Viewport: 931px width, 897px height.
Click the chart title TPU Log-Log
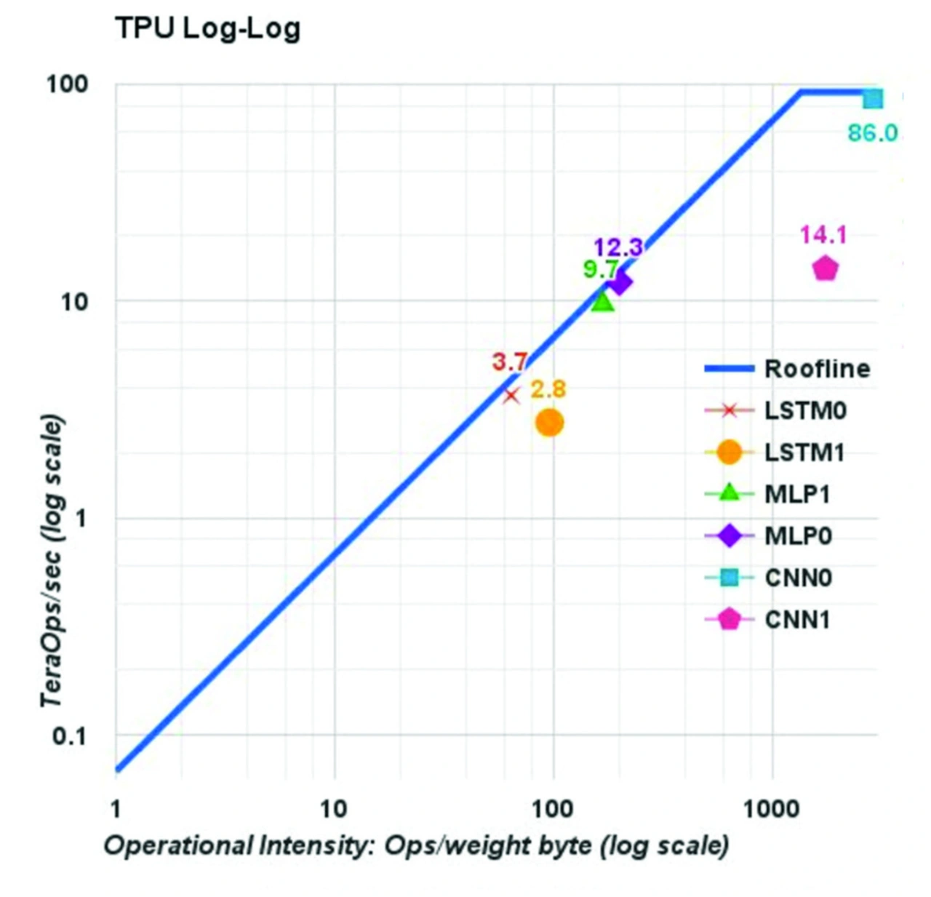(x=207, y=29)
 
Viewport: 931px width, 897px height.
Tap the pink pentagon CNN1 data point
(x=825, y=268)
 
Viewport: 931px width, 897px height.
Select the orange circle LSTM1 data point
(x=550, y=423)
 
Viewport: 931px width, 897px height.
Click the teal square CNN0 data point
(x=873, y=99)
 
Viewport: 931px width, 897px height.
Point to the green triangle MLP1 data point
(x=602, y=301)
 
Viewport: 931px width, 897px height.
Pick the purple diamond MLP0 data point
(x=620, y=282)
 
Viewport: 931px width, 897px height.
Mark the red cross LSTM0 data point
(x=512, y=395)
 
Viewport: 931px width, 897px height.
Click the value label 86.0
(x=872, y=133)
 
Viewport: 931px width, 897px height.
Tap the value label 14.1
(x=823, y=234)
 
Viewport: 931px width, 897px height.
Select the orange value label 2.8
(x=548, y=389)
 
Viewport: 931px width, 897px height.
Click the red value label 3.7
(x=509, y=362)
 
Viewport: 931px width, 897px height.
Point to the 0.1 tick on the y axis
(x=69, y=735)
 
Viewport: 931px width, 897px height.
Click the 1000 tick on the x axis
(x=771, y=808)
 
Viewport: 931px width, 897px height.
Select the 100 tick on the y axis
(x=67, y=84)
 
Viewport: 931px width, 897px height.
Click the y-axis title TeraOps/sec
(x=52, y=560)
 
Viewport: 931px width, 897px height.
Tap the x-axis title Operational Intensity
(x=416, y=846)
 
